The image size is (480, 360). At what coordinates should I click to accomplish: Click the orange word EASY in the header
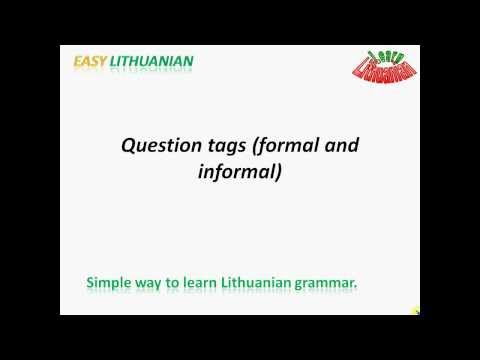pos(92,61)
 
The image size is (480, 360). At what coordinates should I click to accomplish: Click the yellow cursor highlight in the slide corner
pos(415,309)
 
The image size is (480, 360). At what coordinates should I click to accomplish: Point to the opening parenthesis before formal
pos(256,146)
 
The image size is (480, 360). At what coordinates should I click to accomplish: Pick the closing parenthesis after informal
pos(279,172)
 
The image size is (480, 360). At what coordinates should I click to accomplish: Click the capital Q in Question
pos(128,145)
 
